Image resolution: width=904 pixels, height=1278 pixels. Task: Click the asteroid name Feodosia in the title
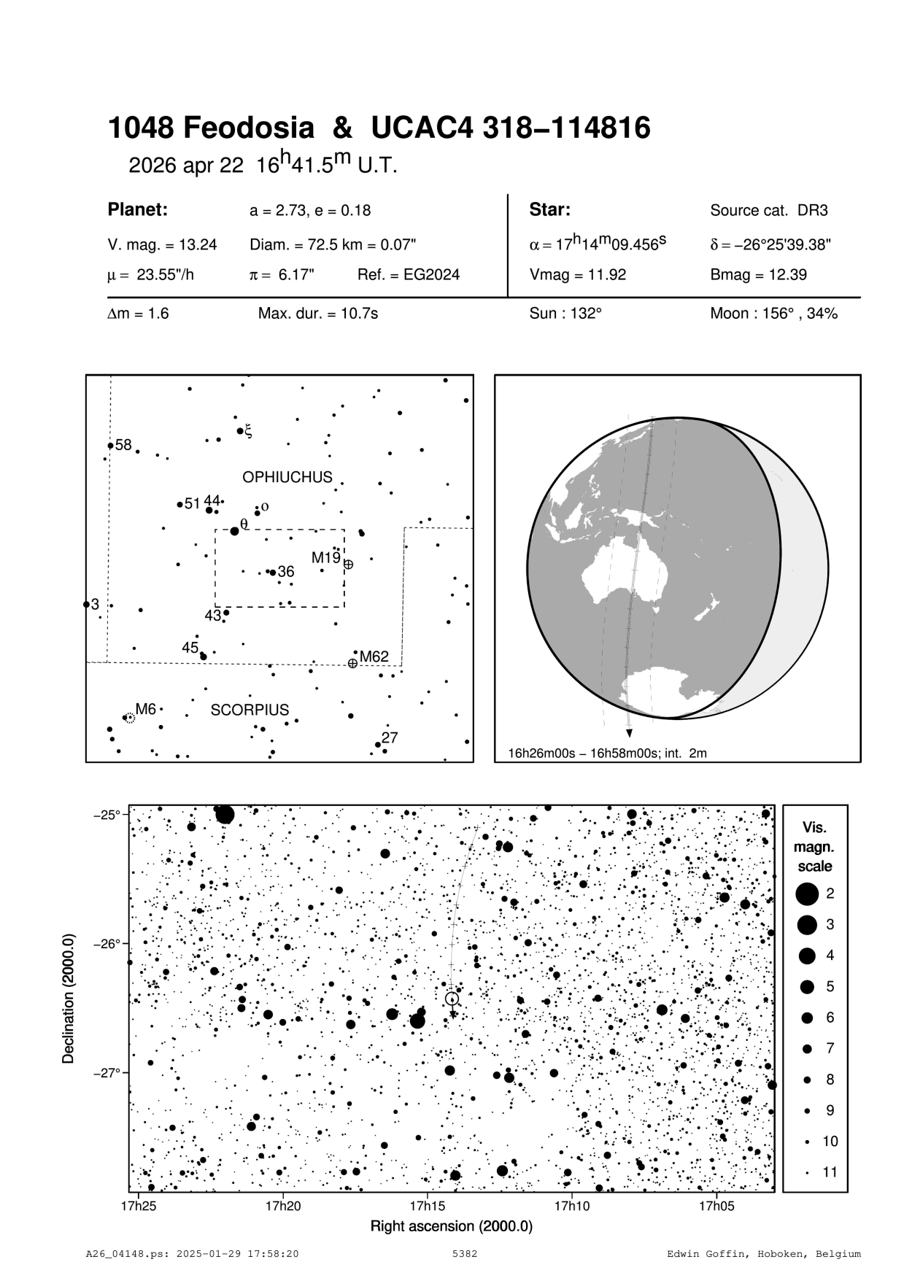(248, 129)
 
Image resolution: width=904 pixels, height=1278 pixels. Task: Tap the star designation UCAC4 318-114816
(511, 129)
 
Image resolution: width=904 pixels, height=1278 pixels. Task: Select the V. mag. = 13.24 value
(162, 245)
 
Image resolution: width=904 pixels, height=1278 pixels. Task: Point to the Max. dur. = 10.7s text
(318, 314)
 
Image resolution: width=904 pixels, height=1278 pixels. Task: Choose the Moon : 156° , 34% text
(773, 314)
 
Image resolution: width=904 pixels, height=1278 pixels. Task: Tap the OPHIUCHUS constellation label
(287, 477)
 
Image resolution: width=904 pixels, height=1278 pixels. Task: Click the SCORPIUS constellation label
(250, 710)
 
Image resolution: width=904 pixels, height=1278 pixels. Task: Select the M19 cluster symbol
(348, 565)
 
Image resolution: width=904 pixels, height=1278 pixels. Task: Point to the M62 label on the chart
(374, 657)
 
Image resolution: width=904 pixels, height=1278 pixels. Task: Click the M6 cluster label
(146, 708)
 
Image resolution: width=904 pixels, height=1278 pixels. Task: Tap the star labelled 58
(110, 446)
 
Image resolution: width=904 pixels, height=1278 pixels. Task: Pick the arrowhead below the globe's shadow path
(629, 733)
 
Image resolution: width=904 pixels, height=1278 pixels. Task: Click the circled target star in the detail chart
(452, 999)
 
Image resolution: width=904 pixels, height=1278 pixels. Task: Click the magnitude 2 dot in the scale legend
(806, 893)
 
